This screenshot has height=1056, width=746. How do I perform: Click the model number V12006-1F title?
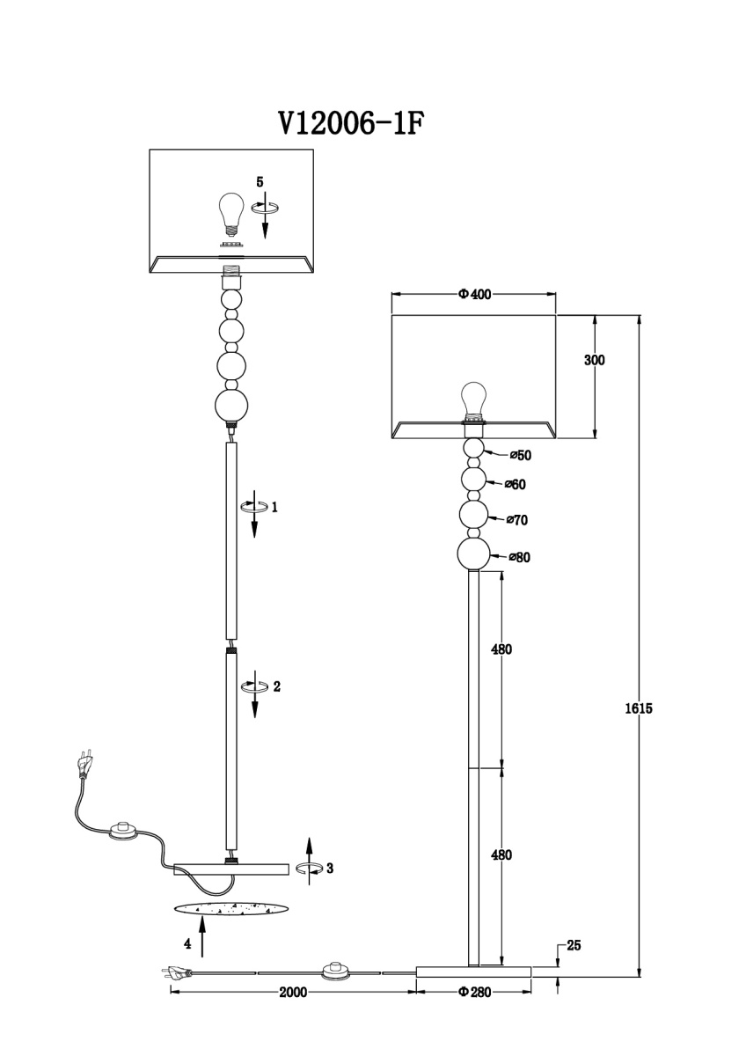pos(348,124)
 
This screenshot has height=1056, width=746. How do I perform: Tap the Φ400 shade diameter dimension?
pos(474,294)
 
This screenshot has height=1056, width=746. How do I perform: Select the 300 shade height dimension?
pos(595,360)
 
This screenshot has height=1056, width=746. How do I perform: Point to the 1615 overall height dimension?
pos(639,708)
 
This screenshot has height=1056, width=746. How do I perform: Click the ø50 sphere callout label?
pos(520,455)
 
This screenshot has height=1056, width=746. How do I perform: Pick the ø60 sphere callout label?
pos(516,484)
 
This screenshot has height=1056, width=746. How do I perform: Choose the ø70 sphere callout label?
pos(517,520)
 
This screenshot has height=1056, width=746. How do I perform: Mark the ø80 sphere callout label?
pos(519,557)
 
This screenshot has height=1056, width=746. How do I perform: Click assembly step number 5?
pos(260,182)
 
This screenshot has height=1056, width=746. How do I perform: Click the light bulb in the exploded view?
pos(230,216)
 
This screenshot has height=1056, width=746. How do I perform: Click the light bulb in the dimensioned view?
pos(473,399)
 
